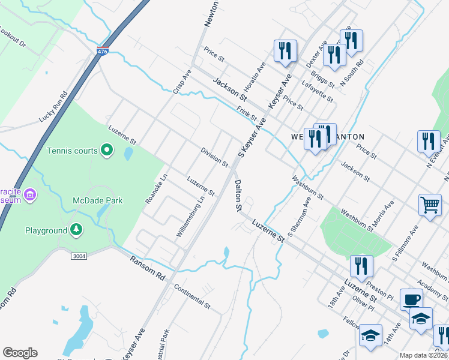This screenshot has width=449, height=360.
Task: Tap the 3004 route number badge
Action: click(x=79, y=256)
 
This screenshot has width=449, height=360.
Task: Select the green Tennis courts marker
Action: click(x=107, y=149)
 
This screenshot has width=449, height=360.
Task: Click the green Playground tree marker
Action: click(x=76, y=230)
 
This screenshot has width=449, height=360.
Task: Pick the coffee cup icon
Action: click(x=411, y=299)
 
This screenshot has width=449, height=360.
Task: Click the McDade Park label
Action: click(x=97, y=200)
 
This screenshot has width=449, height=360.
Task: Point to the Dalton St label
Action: click(x=238, y=196)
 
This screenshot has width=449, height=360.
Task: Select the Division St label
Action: click(x=214, y=158)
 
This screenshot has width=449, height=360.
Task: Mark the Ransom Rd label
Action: click(x=148, y=268)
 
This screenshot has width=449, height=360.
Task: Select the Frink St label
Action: click(x=247, y=113)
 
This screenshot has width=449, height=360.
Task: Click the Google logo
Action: click(x=20, y=353)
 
